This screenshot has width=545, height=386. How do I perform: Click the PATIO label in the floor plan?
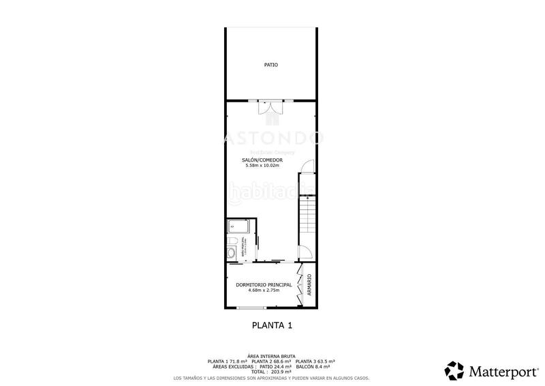point(271,65)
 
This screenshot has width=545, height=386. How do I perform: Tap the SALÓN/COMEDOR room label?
point(262,160)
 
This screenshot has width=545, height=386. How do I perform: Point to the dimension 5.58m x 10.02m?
point(262,166)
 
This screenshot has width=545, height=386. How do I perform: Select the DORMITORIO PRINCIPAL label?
point(264,284)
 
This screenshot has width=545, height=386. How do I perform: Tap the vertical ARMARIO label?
point(309,284)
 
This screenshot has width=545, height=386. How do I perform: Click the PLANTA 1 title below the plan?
point(272,325)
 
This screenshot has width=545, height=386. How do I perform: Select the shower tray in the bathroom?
point(239,226)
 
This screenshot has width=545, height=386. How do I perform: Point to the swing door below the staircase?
point(306,252)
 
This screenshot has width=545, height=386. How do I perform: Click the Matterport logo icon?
point(454,371)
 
